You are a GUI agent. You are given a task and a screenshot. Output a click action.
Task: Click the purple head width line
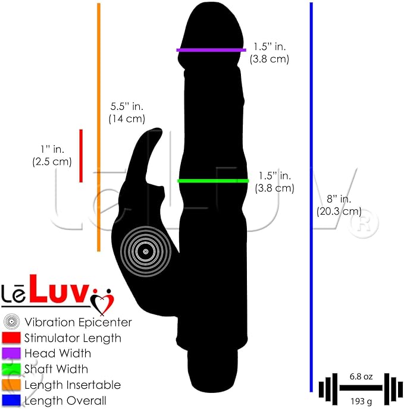[x=211, y=50]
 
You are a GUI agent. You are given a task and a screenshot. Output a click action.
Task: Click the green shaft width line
[x=213, y=181]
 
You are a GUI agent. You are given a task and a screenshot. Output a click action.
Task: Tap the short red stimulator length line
[x=81, y=156]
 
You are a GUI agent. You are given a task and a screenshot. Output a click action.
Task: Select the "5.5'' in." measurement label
[x=127, y=106]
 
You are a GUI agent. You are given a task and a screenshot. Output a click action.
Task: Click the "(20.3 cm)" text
[x=339, y=211]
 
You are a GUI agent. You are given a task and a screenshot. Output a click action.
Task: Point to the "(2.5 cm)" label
[x=52, y=162]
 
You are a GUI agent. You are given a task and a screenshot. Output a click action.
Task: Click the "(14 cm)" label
[x=127, y=119]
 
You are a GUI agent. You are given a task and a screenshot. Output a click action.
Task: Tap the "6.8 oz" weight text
[x=361, y=376]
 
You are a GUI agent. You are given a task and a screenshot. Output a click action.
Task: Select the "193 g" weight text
[x=361, y=401]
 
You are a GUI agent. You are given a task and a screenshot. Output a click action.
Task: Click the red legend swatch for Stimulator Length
[x=11, y=338]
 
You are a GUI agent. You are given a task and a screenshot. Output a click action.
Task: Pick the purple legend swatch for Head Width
[x=11, y=353]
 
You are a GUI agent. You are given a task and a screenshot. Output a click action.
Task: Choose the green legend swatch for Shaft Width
[x=11, y=369]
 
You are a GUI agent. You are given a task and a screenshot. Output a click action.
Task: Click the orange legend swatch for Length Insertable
[x=11, y=385]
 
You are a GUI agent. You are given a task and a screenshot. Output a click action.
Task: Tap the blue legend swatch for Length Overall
[x=11, y=401]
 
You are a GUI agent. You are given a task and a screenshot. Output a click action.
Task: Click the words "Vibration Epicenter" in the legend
[x=78, y=322]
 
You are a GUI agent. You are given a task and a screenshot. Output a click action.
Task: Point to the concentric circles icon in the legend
[x=11, y=322]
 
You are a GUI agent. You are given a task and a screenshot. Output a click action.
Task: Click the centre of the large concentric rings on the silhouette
[x=146, y=251]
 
